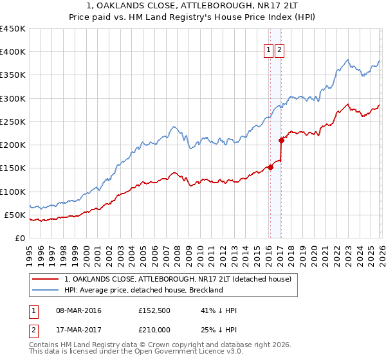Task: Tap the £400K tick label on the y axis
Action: (12, 52)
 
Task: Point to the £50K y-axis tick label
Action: (14, 215)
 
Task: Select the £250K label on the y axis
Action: (12, 122)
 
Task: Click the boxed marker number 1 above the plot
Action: (268, 52)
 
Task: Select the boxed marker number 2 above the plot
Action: (280, 52)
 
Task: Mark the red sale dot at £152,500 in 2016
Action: (270, 167)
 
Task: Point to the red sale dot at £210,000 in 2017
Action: (281, 140)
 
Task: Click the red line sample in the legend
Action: (46, 279)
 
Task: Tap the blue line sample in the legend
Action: (46, 290)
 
